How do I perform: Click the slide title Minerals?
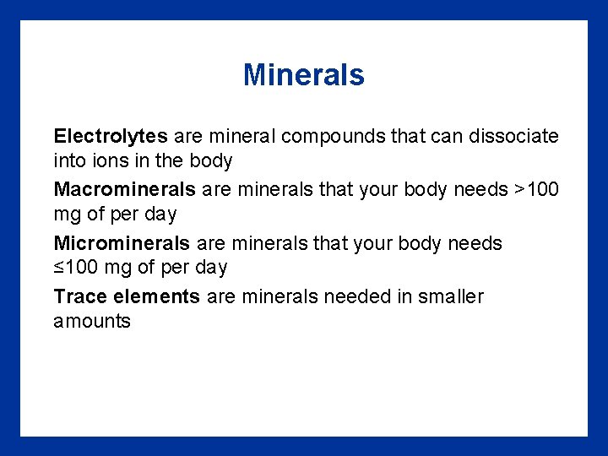coord(303,75)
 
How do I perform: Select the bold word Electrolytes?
coord(111,136)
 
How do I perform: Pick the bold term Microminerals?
coord(122,244)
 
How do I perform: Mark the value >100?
coord(536,190)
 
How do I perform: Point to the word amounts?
coord(92,322)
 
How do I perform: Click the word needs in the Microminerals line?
coord(476,244)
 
